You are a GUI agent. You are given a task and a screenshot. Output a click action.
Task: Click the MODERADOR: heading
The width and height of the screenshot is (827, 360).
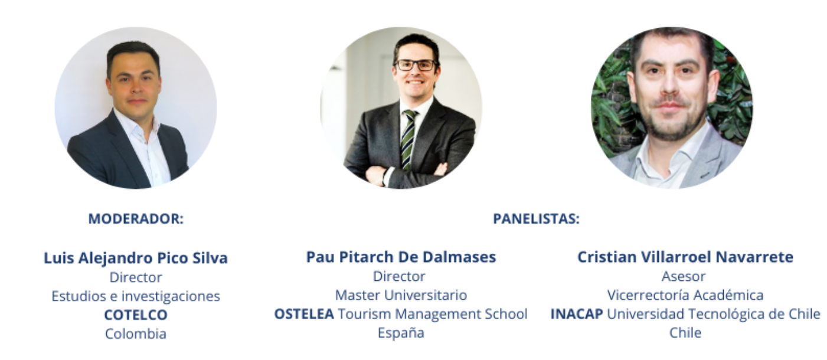136,219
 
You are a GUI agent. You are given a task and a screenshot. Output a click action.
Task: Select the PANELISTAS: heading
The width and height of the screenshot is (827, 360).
536,219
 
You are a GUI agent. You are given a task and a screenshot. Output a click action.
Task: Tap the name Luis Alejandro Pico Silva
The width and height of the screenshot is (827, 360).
136,258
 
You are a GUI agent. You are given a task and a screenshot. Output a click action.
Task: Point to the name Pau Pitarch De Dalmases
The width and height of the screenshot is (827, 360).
401,257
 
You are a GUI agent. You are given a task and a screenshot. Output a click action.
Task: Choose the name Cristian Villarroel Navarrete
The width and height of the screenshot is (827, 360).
685,257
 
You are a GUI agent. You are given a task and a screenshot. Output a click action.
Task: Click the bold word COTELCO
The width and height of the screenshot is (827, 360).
136,315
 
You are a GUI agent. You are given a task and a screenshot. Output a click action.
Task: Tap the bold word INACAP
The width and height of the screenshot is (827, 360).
576,313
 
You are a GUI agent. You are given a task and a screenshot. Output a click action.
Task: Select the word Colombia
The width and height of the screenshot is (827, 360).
136,333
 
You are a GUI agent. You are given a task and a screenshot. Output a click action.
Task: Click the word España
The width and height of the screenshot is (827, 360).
401,332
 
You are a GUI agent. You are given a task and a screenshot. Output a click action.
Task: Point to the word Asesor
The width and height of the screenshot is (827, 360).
685,276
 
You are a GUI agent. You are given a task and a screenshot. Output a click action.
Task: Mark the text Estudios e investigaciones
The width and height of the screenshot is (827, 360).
136,296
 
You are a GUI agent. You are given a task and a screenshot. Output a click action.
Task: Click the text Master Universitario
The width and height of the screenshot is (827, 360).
401,294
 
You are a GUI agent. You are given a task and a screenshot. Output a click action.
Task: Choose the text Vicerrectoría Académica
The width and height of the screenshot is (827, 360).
685,294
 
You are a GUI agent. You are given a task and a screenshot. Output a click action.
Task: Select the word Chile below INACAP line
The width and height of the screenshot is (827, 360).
685,332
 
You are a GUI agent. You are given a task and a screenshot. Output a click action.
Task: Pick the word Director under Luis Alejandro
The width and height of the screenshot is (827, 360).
136,277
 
